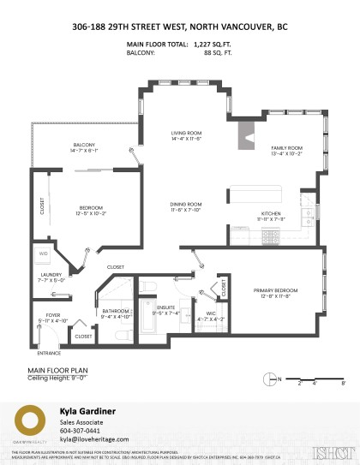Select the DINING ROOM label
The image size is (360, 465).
pos(185,204)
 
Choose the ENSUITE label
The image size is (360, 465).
pos(167,305)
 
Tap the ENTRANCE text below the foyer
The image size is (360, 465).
pos(50,352)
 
